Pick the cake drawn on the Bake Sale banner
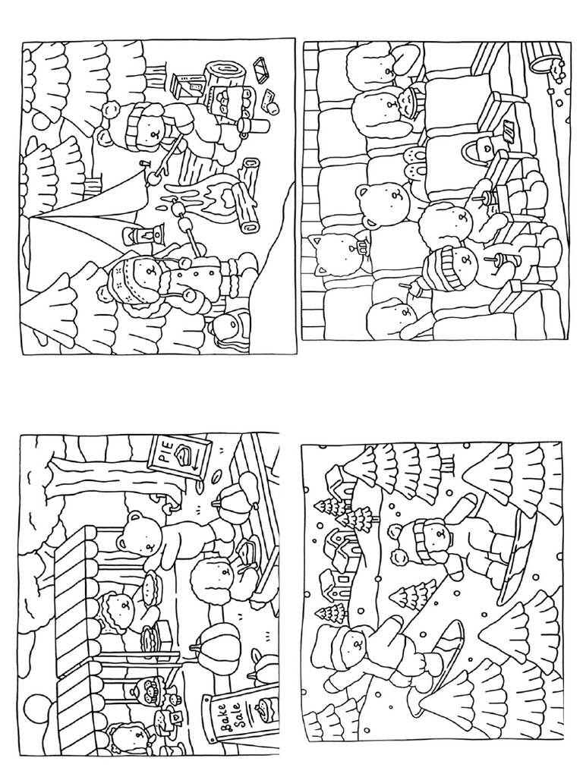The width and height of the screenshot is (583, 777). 264,710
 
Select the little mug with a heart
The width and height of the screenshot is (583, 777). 175,716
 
